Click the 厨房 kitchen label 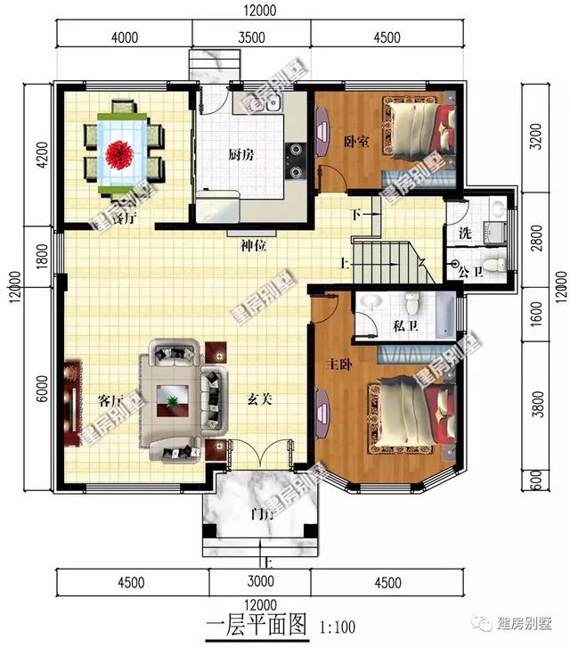tap(240, 154)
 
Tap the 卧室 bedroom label tap(356, 142)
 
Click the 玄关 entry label tap(259, 400)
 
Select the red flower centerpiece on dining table tap(118, 152)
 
